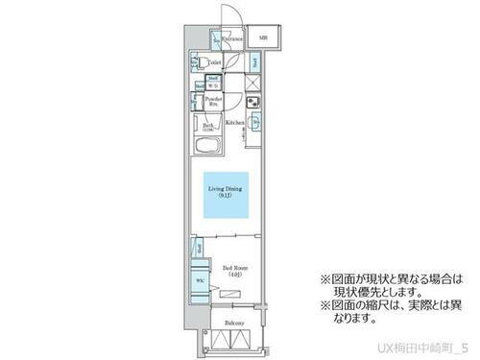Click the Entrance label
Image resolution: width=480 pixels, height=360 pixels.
point(229,39)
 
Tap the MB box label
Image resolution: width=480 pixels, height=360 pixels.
point(263,38)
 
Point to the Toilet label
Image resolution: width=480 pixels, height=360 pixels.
point(215,62)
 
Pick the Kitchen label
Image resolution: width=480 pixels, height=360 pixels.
point(235,123)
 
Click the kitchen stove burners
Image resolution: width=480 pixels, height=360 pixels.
point(253,104)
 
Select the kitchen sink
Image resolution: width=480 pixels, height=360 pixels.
point(255,123)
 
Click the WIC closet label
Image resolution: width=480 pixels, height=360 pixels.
point(200,281)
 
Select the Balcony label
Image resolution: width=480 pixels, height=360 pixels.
point(233,324)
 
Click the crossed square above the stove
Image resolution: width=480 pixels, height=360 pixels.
point(253,84)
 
